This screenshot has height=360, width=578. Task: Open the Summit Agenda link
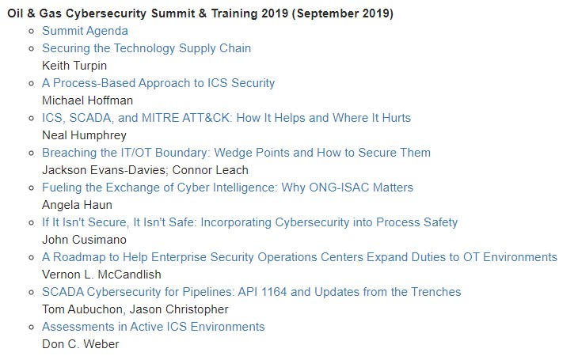coord(86,31)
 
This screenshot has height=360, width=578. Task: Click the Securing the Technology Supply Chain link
coord(146,48)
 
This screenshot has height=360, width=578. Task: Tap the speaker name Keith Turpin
coord(74,66)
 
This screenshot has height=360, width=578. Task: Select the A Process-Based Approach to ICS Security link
coord(158,83)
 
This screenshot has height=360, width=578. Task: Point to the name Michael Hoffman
coord(87,100)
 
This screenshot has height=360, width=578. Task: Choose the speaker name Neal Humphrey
coord(84,135)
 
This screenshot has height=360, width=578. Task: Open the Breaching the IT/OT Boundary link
coord(236,153)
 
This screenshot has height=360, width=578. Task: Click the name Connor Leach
coord(211,170)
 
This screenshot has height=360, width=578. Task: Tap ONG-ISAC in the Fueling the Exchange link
coord(339,188)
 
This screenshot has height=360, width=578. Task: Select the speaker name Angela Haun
coord(77,205)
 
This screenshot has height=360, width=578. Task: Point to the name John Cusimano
coord(84,240)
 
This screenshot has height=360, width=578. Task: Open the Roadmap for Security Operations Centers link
coord(300,257)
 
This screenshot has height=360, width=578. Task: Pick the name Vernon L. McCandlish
coord(101,275)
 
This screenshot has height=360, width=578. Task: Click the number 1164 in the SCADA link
coord(274,292)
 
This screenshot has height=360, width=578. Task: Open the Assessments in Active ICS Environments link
coord(154,327)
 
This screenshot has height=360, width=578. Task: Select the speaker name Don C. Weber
coord(80,344)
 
